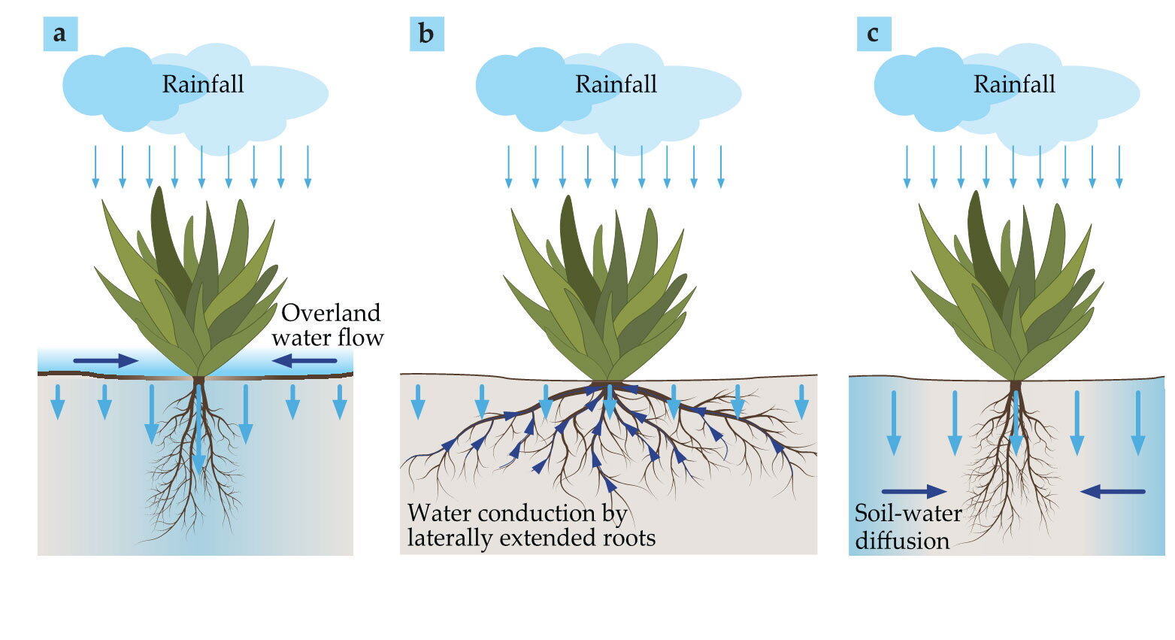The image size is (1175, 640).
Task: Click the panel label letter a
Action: (60, 34)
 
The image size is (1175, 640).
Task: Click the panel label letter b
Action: (426, 34)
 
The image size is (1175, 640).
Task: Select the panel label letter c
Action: (873, 34)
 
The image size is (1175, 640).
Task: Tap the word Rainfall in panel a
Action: (203, 84)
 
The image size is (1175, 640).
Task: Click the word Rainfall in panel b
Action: (616, 84)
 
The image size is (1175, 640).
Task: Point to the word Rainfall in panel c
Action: (1014, 84)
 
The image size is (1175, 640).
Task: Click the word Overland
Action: (331, 313)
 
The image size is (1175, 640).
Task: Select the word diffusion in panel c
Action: (902, 540)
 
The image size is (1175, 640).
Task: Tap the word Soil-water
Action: (908, 513)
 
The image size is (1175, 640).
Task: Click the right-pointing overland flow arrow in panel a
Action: (105, 360)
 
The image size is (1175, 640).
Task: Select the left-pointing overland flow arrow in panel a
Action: (304, 360)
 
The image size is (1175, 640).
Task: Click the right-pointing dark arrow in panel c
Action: (914, 492)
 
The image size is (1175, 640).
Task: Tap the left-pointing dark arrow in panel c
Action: (1113, 492)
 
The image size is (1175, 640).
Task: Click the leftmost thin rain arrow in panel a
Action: (95, 167)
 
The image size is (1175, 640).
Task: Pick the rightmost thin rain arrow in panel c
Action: (1119, 167)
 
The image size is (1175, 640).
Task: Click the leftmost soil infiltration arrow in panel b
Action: (417, 402)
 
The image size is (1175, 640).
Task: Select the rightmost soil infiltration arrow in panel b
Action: (801, 402)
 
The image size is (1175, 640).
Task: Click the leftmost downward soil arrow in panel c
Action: (894, 423)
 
